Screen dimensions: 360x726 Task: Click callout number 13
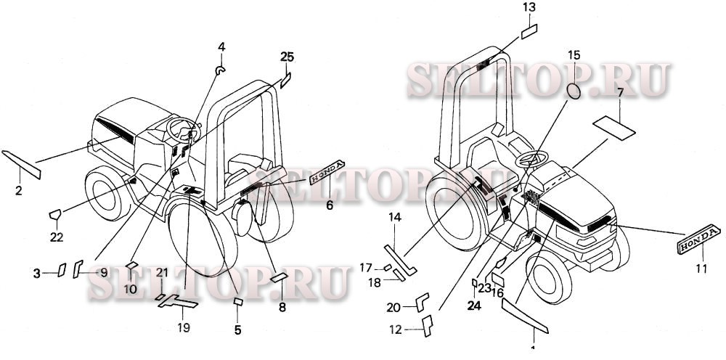click(x=529, y=7)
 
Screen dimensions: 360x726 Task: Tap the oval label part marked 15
click(x=574, y=91)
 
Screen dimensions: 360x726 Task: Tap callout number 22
click(x=57, y=236)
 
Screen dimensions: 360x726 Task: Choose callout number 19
click(x=184, y=327)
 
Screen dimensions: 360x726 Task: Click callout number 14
click(x=394, y=217)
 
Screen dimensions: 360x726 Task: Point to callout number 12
click(x=396, y=330)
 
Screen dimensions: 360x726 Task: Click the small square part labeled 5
click(x=237, y=300)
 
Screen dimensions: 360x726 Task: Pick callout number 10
click(x=131, y=288)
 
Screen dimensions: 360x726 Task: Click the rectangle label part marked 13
click(x=529, y=33)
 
